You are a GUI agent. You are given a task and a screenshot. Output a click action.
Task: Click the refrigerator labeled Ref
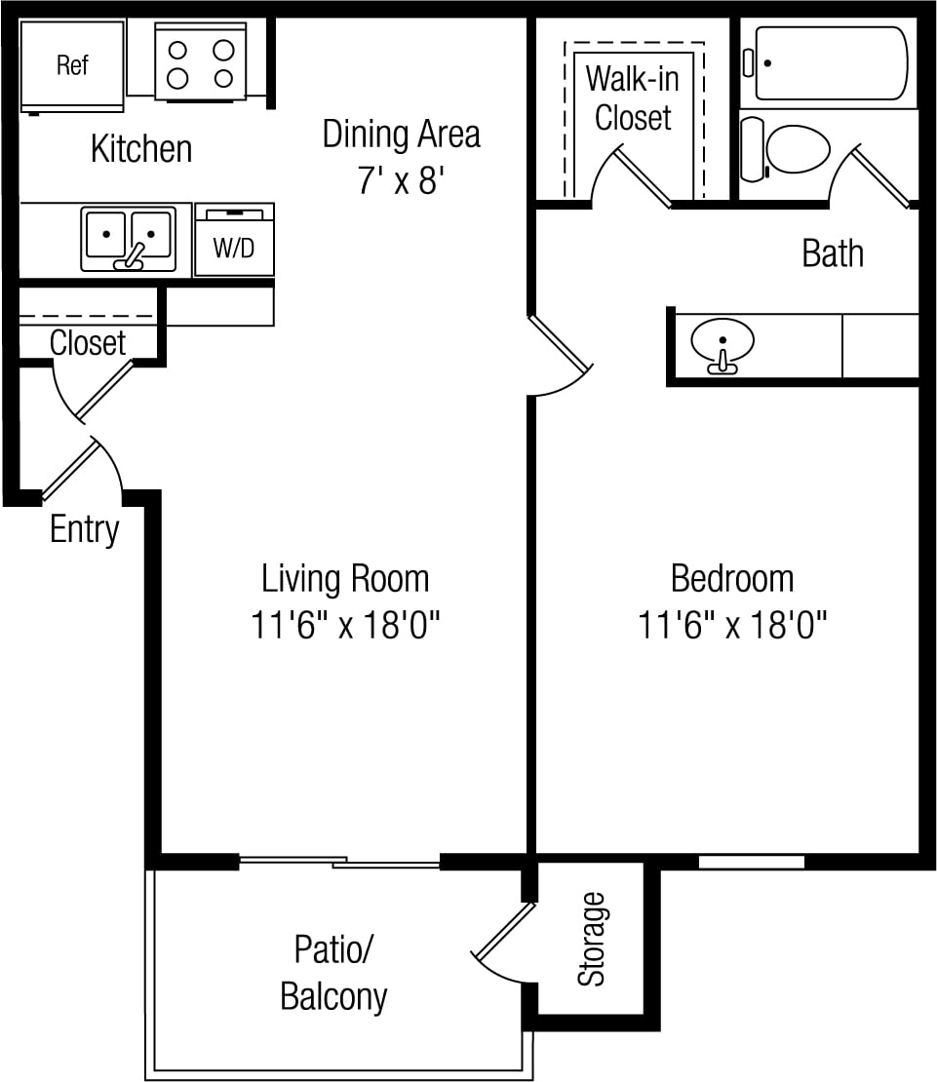72,65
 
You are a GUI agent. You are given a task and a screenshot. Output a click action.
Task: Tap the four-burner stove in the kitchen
200,61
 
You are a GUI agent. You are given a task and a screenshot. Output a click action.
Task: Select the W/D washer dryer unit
234,240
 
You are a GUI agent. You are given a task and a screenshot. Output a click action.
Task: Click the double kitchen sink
129,238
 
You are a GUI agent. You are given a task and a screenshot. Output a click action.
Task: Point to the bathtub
831,63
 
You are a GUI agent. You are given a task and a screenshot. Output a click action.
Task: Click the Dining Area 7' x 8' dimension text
400,180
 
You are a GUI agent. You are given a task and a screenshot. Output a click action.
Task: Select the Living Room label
345,578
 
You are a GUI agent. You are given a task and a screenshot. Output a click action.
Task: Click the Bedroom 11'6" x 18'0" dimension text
732,625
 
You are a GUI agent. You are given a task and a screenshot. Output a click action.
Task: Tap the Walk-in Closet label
633,98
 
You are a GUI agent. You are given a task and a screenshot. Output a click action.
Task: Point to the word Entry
84,530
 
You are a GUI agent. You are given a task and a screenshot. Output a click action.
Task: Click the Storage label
591,939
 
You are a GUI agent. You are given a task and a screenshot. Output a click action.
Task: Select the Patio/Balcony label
334,972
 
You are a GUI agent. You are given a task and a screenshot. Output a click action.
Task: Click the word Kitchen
141,148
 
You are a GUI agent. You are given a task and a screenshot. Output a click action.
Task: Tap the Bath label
833,253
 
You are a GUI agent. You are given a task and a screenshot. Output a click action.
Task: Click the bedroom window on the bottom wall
752,862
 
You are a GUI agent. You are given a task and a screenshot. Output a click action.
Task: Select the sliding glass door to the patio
339,861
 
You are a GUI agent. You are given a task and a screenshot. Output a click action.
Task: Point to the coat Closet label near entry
88,342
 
